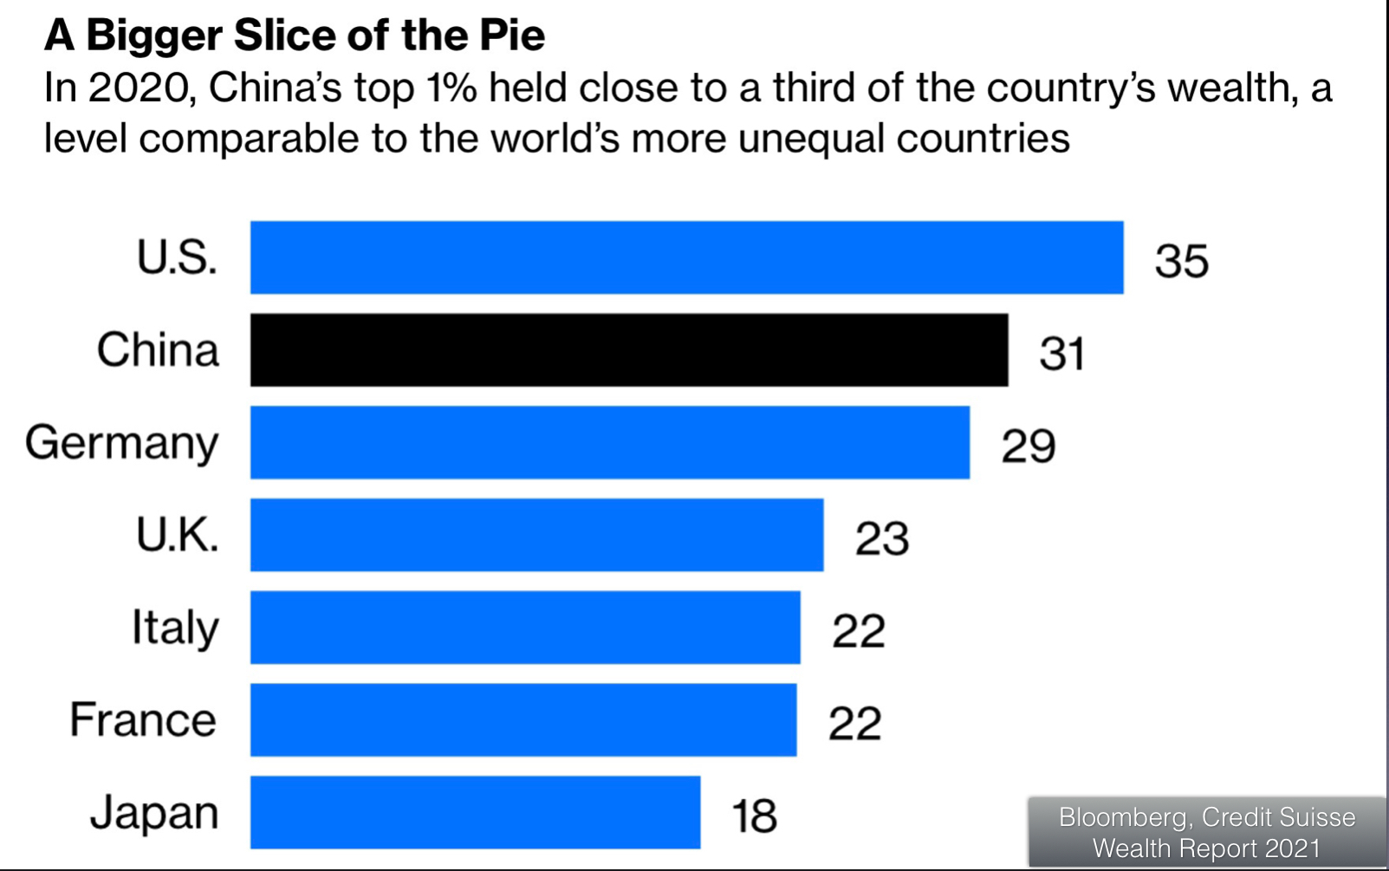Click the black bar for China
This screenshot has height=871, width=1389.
(x=629, y=350)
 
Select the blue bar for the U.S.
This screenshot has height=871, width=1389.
(x=686, y=257)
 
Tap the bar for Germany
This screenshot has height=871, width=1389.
(x=610, y=442)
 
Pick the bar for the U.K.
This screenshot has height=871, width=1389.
(x=536, y=535)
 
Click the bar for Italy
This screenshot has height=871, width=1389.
(x=525, y=627)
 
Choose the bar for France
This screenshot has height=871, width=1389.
(x=523, y=719)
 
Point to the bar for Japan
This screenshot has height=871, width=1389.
(x=475, y=812)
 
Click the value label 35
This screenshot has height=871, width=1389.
(x=1181, y=260)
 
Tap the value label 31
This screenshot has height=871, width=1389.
(x=1061, y=354)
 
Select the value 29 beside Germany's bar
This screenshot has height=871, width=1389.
(x=1028, y=446)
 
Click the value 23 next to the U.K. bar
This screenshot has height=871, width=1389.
(x=881, y=538)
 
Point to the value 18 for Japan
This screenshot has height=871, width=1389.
(x=754, y=816)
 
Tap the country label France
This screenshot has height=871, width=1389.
(x=143, y=720)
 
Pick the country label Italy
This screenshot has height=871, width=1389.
(x=175, y=627)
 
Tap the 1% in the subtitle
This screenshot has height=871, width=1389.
(x=451, y=88)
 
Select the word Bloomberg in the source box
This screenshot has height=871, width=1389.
(x=1122, y=817)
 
